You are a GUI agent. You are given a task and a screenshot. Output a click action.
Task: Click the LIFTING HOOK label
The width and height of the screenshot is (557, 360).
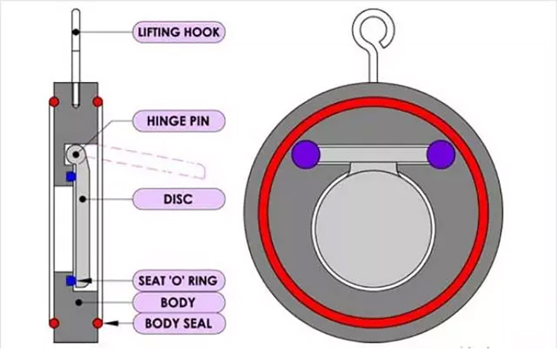point(178,32)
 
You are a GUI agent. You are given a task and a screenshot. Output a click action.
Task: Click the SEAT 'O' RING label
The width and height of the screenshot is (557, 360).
point(178,280)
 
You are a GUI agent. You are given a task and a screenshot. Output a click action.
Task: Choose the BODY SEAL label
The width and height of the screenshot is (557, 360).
point(178,322)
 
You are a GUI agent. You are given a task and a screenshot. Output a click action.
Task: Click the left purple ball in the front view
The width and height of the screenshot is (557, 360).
point(305,154)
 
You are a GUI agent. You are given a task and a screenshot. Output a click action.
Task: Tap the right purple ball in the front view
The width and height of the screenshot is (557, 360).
point(440,154)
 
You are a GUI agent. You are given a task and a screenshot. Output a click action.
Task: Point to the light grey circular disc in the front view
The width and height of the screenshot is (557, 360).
point(373,222)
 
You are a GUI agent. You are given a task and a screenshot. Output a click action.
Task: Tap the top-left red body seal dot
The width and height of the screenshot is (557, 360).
point(53,101)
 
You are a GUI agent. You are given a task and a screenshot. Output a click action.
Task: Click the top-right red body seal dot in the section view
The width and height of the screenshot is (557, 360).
point(97,101)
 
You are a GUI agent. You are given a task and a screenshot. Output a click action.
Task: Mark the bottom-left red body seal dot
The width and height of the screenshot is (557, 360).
point(53,322)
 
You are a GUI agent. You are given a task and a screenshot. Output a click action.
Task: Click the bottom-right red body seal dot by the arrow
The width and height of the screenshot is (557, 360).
point(97,322)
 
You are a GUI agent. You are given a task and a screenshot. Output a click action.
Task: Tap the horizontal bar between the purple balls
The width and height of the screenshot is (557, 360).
point(373,153)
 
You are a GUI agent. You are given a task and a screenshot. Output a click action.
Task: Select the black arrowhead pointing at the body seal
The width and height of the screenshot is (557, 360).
point(108,322)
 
